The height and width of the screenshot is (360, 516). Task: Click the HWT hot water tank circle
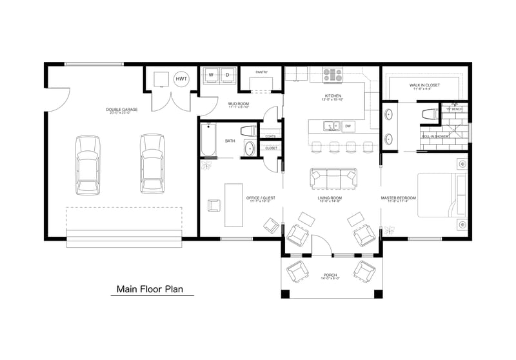coord(182,79)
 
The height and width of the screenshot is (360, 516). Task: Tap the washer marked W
coord(211,75)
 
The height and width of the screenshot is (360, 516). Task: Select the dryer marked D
coord(227,75)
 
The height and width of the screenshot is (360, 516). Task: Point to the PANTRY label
coord(261,72)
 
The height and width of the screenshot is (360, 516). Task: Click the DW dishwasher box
coord(347,126)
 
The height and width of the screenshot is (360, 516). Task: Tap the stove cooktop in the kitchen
coord(332,74)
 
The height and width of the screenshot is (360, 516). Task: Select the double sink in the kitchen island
coord(330,125)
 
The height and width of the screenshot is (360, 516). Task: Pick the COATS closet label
coord(271,136)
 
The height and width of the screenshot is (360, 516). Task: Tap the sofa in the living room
coord(333,177)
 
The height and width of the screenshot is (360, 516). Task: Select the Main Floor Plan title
coord(155,290)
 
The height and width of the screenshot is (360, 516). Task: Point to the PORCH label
coord(329,275)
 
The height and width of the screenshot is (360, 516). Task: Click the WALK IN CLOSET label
coord(424,85)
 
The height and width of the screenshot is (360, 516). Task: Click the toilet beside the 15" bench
coord(429,114)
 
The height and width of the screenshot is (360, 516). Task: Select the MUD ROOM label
coord(239,103)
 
